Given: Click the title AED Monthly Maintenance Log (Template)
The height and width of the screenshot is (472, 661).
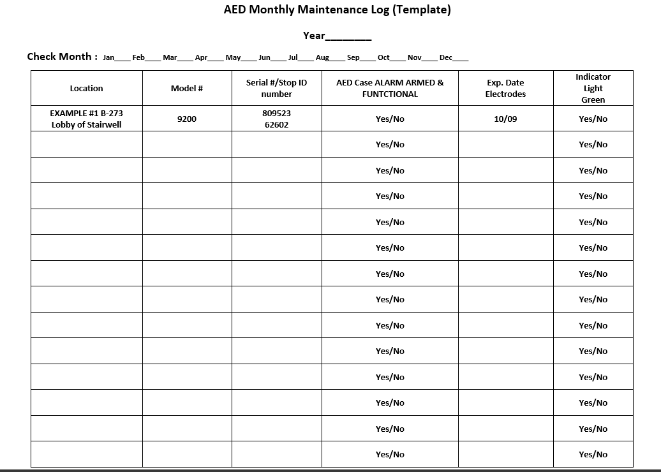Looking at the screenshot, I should pos(337,10).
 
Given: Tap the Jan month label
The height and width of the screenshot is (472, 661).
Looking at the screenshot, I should pos(108,57).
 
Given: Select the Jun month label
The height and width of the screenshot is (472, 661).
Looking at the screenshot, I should pos(264,57).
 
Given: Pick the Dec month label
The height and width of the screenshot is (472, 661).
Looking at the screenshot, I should pos(446,57).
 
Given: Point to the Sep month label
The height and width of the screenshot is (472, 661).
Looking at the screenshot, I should pos(353,57).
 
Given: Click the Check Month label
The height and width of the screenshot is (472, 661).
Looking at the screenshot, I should pos(62,57).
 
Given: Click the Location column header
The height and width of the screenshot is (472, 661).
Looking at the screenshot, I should pos(86,88).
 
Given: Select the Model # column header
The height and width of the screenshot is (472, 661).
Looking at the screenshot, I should pos(187,88).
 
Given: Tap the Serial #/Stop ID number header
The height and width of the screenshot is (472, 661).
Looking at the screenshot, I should pos(276,88).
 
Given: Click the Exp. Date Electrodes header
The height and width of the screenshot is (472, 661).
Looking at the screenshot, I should pos(505,88).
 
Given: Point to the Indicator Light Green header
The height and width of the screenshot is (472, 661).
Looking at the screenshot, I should pos(593,88).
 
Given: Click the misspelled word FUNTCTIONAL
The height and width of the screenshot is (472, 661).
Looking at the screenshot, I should pos(390,94).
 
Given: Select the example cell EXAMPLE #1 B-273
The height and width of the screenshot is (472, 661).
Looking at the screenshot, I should pos(86,113).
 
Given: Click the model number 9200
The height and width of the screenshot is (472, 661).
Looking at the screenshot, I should pos(187,119).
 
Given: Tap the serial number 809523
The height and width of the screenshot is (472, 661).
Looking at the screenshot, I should pos(276,113).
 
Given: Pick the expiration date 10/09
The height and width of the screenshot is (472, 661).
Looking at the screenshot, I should pos(505,119).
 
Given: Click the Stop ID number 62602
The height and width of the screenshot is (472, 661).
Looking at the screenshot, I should pos(276,125).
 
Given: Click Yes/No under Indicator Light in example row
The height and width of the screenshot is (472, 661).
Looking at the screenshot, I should pos(593,119).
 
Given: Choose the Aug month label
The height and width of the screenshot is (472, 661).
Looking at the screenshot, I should pos(322,57).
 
